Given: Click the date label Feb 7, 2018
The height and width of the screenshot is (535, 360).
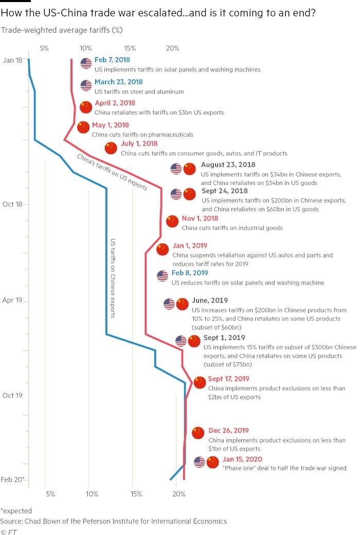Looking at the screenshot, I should point(112,60).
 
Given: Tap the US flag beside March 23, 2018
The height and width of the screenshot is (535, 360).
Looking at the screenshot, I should point(86,85).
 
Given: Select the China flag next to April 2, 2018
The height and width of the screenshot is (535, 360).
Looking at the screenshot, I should point(86,106).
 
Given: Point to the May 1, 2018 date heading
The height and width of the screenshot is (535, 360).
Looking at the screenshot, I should point(111,125).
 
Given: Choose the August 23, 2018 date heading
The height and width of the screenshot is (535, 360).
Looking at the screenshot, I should point(228,164).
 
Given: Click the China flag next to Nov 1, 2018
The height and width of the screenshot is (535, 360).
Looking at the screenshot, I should point(172,221).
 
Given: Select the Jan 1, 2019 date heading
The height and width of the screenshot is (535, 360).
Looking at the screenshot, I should point(190,246).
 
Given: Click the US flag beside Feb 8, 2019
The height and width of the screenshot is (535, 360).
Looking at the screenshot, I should point(163,276).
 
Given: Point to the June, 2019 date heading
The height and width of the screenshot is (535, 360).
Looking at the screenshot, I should point(209,300).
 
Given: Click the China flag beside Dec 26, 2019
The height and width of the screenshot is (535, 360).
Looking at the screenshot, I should point(198,433).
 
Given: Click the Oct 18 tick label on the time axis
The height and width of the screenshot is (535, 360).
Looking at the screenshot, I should point(12,204).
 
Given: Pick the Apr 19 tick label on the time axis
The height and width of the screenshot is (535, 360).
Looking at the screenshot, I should point(12,300).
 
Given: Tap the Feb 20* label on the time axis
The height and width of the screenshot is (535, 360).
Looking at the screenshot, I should point(12,479).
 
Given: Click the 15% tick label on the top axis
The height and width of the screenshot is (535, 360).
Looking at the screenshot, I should point(130,48).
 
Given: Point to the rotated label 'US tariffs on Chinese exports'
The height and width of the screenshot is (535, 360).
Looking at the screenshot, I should point(113,278).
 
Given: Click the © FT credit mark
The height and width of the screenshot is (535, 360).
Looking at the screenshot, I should point(9,531).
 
